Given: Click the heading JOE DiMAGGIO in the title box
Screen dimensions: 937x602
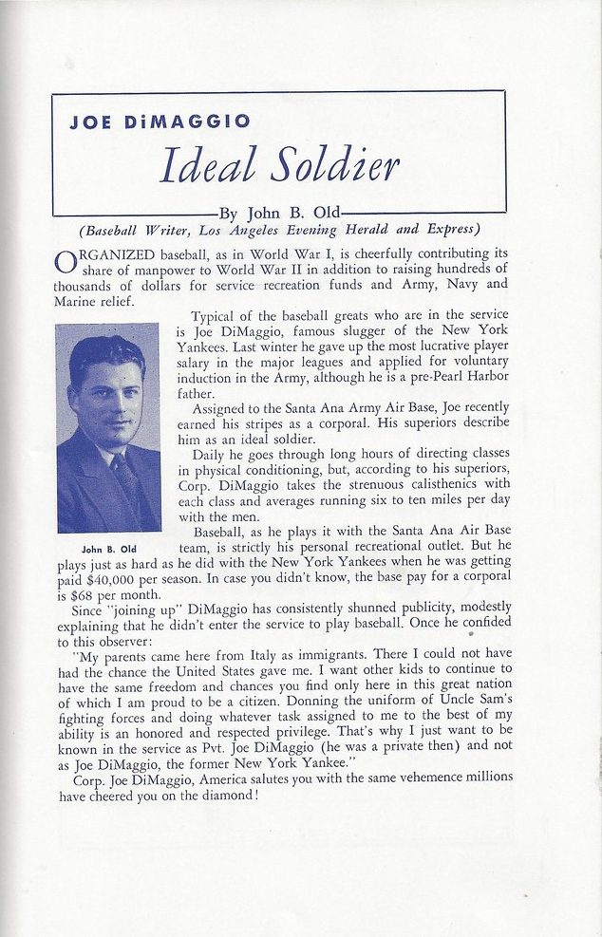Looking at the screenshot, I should [x=160, y=122].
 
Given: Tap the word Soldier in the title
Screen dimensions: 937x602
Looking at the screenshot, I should [x=334, y=166].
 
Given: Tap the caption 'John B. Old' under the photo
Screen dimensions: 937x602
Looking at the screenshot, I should [x=108, y=548].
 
